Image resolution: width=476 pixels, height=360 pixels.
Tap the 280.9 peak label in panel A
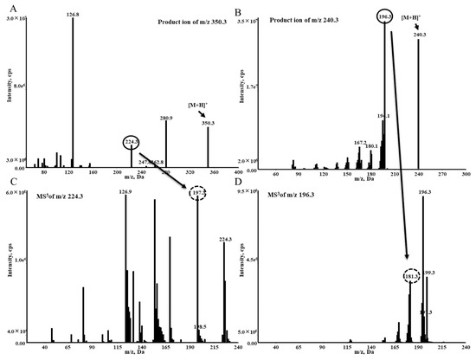click(166, 118)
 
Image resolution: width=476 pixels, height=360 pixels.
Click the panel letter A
click(7, 7)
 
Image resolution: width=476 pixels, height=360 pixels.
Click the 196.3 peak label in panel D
click(425, 193)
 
